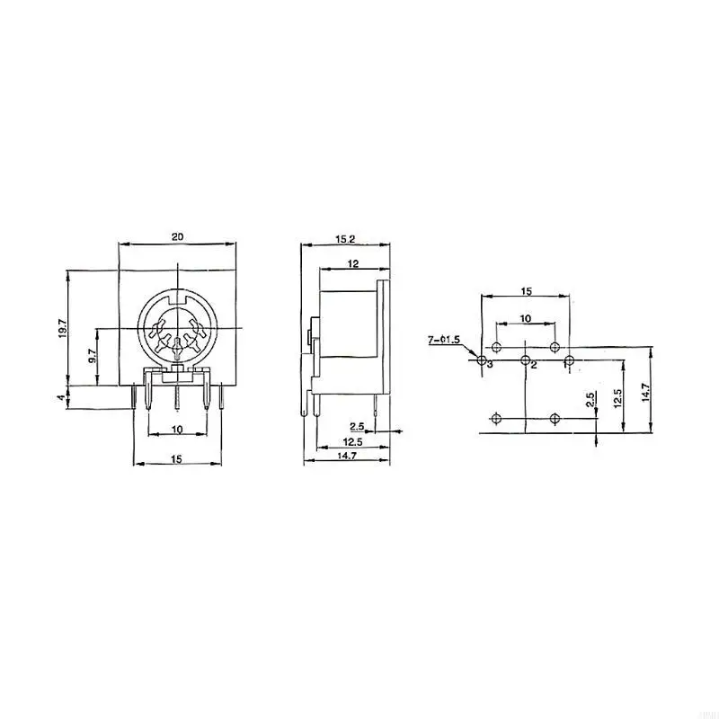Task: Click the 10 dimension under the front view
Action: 177,431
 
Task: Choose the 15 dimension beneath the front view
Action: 177,459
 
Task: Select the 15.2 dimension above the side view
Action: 345,239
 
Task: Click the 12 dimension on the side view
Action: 353,264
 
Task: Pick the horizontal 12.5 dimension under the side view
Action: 352,442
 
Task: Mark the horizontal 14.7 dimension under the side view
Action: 347,457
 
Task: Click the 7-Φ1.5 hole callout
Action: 444,340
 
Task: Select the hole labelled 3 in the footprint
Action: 481,360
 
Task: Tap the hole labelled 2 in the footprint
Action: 524,360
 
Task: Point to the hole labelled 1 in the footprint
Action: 569,360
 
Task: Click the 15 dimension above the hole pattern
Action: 526,291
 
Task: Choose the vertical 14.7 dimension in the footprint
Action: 645,393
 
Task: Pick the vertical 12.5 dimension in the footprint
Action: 617,397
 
